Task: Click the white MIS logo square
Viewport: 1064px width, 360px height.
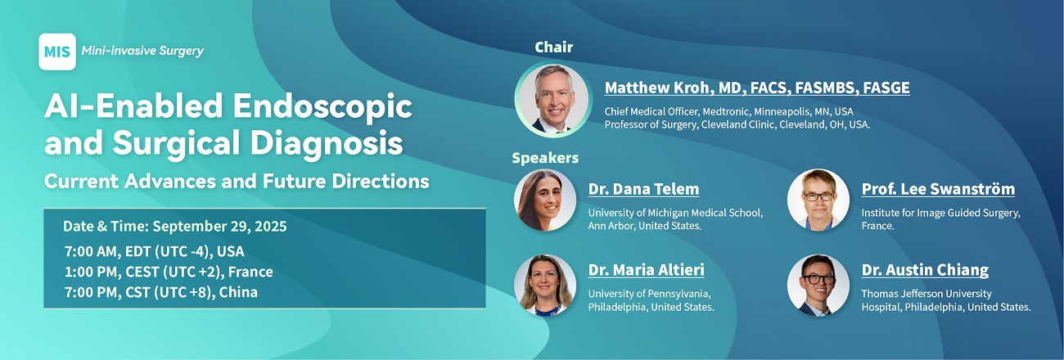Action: [57, 52]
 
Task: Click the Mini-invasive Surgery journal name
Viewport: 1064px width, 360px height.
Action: [142, 51]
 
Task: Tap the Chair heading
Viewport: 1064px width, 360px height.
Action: [554, 47]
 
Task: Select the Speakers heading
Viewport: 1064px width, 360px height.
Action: [545, 158]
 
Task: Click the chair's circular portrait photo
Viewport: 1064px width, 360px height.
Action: [553, 99]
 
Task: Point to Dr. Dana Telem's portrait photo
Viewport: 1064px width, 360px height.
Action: [545, 200]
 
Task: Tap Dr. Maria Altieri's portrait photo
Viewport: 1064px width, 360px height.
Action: [545, 286]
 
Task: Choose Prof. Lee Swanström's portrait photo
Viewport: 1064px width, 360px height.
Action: [818, 200]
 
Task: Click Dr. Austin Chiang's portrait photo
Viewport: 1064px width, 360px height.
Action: [818, 286]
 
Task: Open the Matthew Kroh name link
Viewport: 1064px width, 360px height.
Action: [757, 88]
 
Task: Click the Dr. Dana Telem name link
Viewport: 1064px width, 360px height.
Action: [643, 189]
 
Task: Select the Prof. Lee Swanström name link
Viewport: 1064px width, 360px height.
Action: [938, 189]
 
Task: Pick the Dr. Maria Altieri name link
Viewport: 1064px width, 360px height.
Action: [647, 270]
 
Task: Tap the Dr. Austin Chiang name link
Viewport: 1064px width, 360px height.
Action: [926, 270]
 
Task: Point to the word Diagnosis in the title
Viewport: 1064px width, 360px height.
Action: [327, 143]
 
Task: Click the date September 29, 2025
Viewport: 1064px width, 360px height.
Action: [219, 226]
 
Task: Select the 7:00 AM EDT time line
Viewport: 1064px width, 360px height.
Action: [155, 251]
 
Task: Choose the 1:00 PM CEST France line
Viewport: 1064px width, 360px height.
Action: [169, 272]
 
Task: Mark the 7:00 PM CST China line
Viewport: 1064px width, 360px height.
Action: [161, 292]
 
